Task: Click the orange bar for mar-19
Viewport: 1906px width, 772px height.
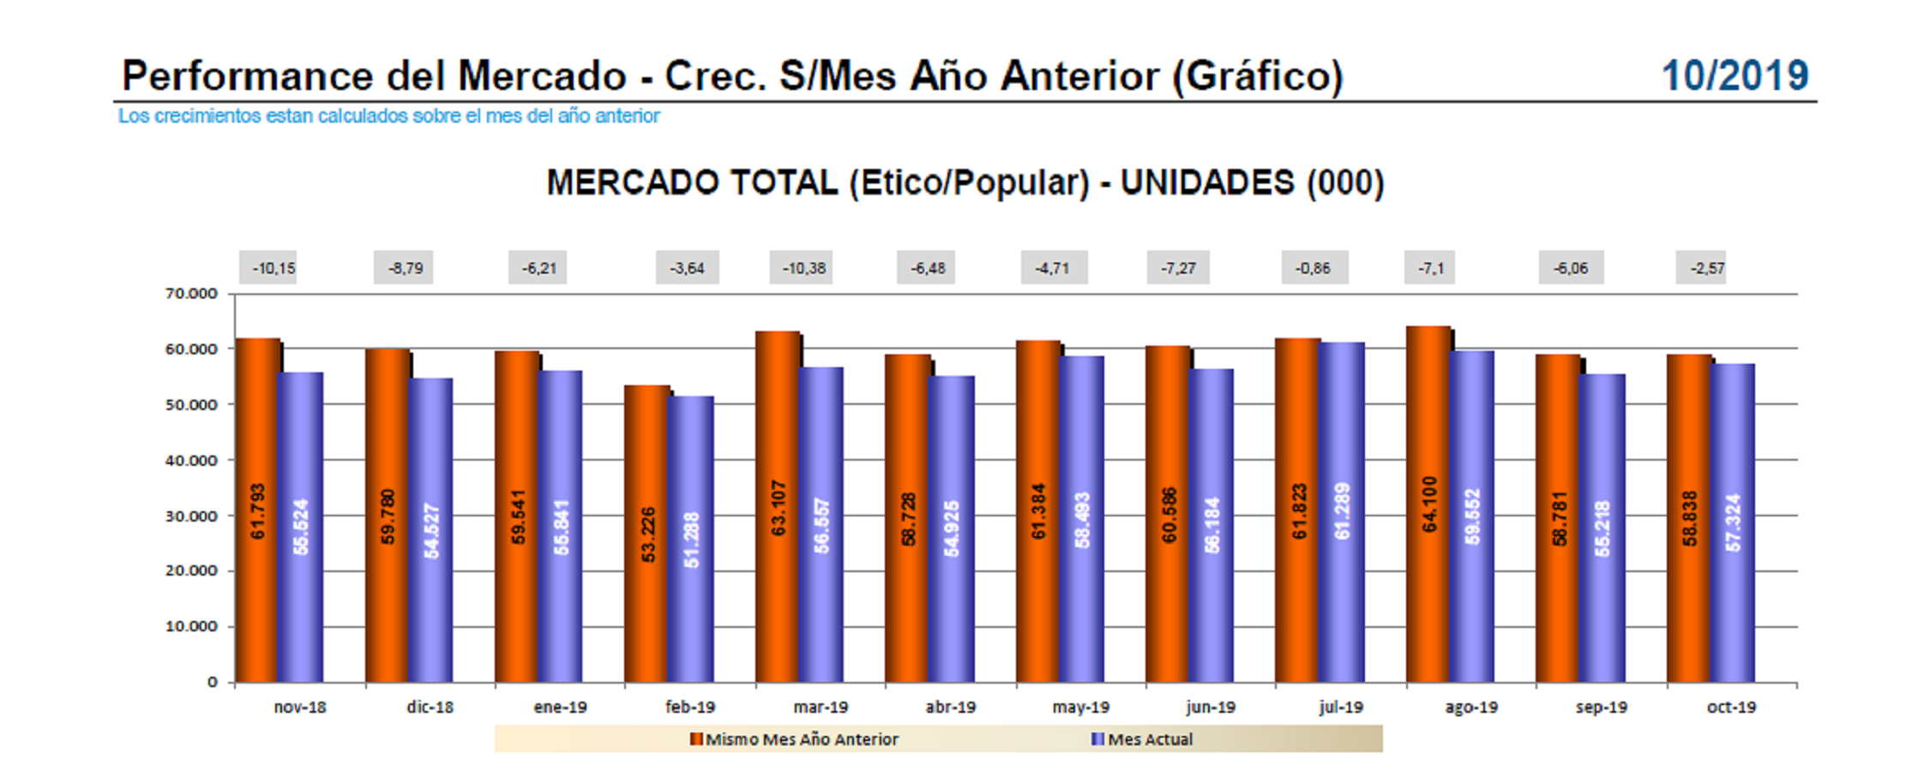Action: pos(778,506)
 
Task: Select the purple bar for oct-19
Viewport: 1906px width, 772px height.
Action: pos(1733,523)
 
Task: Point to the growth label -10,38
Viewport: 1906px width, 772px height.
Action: pos(803,268)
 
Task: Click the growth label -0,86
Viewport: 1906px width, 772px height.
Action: pos(1313,268)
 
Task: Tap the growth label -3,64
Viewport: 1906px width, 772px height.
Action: pos(687,268)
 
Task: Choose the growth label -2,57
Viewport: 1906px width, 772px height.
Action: pos(1706,268)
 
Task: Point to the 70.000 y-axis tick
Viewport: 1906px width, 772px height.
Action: pos(191,293)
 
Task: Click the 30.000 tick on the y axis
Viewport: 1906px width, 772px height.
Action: pos(191,516)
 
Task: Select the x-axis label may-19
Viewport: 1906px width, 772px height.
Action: pos(1080,707)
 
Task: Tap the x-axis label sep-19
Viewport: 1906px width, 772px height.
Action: pos(1601,707)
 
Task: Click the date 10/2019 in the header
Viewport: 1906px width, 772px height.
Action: pos(1735,76)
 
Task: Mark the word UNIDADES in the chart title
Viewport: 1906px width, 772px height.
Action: pos(1207,183)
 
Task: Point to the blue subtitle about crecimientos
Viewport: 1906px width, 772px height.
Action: pos(388,116)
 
